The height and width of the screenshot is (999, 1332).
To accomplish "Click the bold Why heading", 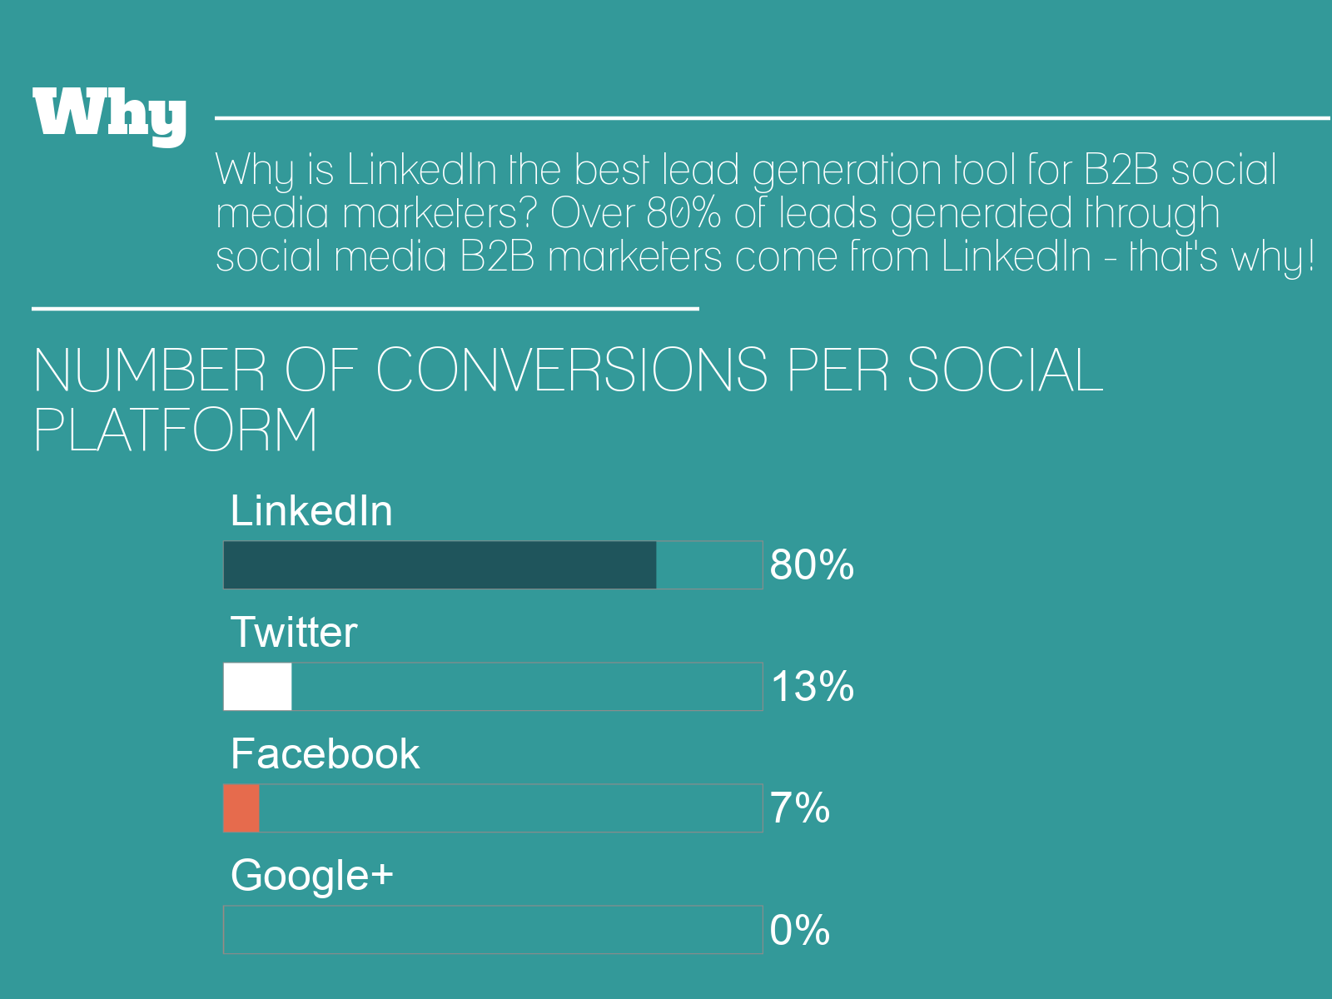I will click(109, 115).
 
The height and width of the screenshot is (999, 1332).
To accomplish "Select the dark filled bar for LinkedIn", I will click(440, 565).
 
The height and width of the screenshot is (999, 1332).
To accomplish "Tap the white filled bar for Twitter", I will click(257, 687).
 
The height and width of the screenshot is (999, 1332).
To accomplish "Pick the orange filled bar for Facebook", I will click(241, 808).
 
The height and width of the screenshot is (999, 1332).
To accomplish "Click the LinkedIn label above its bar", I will click(311, 510).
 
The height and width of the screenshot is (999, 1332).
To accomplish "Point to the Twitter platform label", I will click(293, 632).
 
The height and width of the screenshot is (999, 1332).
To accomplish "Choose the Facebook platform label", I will click(325, 753).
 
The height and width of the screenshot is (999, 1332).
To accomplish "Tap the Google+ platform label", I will click(311, 876).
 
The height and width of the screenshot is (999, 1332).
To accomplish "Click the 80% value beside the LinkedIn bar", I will click(812, 565).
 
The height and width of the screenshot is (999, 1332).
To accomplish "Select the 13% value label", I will click(812, 687).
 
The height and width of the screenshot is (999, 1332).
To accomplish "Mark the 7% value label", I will click(799, 808).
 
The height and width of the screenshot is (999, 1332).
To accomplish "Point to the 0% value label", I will click(799, 930).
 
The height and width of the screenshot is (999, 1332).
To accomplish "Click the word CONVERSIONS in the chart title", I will click(572, 370).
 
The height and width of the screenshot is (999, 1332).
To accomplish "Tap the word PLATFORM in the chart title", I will click(175, 430).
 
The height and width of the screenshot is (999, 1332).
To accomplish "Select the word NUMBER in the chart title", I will click(150, 370).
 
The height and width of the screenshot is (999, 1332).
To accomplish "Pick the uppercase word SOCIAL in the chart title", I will click(1004, 370).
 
